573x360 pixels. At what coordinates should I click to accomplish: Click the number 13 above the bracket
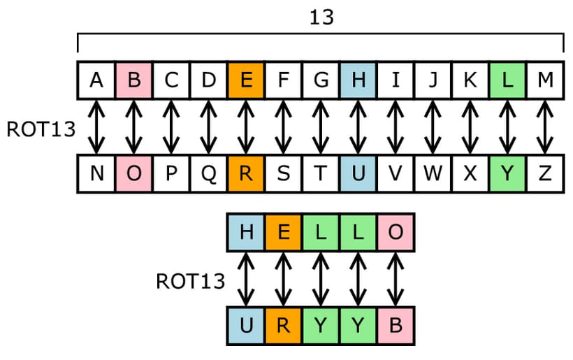[x=321, y=17]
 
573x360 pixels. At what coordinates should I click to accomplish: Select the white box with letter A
[x=96, y=80]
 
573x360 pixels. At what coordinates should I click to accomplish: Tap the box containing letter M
[x=545, y=80]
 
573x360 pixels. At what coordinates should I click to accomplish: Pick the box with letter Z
[x=545, y=174]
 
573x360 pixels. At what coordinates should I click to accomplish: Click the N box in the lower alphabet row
[x=96, y=174]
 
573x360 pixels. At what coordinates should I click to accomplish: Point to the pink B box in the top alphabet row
[x=134, y=80]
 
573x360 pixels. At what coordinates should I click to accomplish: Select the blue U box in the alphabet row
[x=358, y=174]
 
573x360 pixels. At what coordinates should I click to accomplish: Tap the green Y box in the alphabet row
[x=508, y=174]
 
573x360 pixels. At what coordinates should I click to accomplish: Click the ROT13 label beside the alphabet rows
[x=40, y=129]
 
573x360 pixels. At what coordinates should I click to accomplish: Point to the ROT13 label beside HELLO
[x=190, y=280]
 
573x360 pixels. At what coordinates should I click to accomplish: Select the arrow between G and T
[x=321, y=127]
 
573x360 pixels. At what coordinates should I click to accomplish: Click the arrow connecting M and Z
[x=545, y=127]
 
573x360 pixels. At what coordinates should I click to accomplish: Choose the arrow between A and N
[x=96, y=127]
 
